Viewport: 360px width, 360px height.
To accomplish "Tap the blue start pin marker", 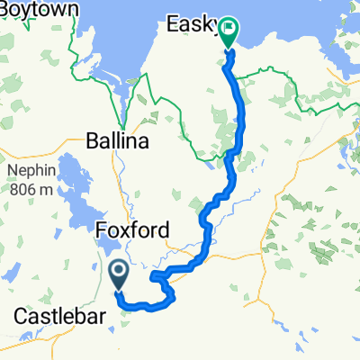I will tap(118, 272).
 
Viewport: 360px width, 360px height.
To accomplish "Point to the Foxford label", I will tap(130, 231).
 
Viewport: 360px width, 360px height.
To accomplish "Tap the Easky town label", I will tap(190, 28).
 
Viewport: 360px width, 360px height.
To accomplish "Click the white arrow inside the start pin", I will tap(118, 269).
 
